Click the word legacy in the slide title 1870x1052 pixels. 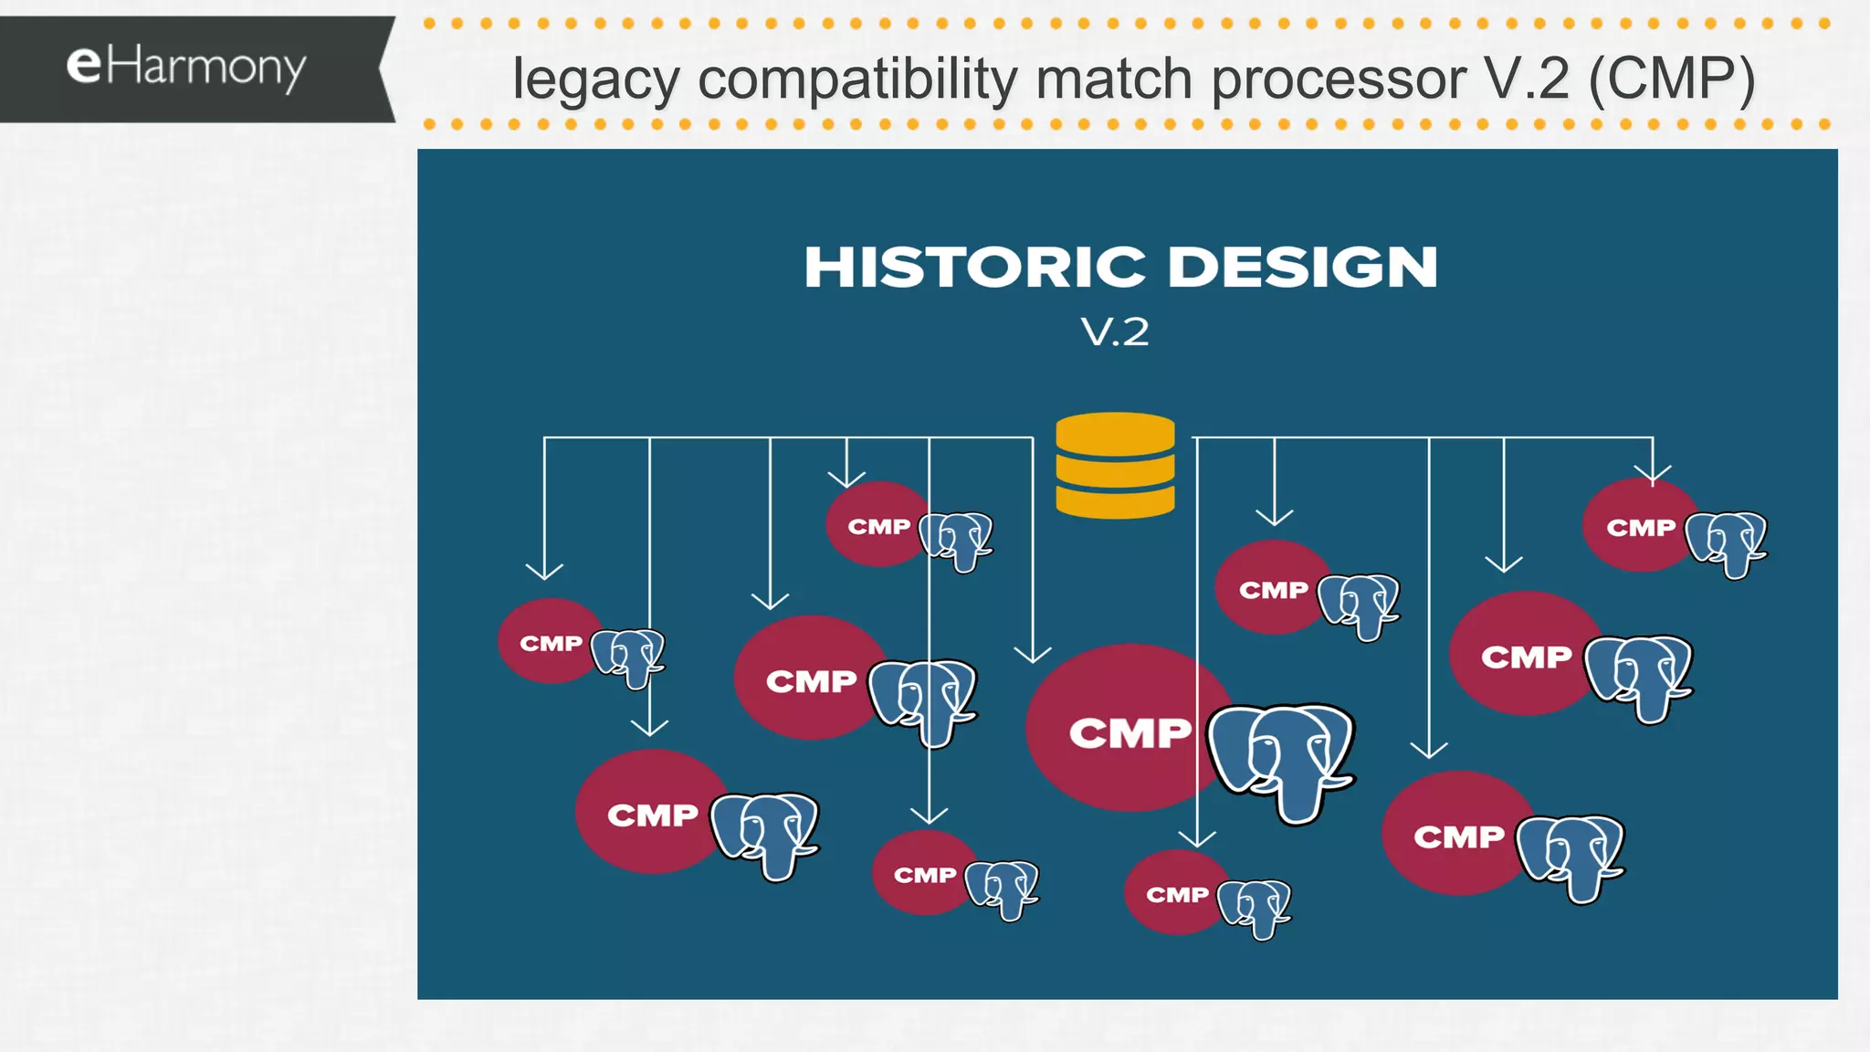(x=595, y=79)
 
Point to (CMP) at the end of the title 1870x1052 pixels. (x=1671, y=79)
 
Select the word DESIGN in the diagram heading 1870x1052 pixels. (x=1303, y=268)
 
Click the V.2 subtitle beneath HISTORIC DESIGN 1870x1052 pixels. (x=1115, y=332)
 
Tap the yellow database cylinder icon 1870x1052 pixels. (x=1115, y=466)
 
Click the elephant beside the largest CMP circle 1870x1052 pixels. (x=1281, y=758)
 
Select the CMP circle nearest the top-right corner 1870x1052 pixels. (x=1640, y=526)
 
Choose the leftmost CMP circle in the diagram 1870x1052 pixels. (x=550, y=642)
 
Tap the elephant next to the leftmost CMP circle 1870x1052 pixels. (x=627, y=656)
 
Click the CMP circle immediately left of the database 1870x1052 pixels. (x=877, y=525)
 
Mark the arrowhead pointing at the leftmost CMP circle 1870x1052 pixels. (x=544, y=573)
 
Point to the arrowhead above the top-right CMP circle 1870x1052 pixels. (x=1653, y=475)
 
